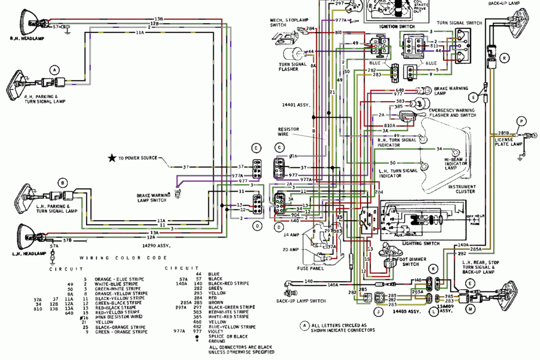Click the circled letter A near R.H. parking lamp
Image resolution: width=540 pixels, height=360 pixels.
[x=55, y=70]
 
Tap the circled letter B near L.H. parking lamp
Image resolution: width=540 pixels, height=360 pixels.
[x=62, y=182]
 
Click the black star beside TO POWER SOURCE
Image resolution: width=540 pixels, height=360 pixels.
[x=111, y=158]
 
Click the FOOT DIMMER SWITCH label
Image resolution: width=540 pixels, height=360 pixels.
[x=411, y=262]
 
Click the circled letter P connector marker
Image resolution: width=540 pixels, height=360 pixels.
[x=521, y=121]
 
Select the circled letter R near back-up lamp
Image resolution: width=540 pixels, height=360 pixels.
[x=504, y=57]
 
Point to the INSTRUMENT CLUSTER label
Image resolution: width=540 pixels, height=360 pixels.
[x=462, y=189]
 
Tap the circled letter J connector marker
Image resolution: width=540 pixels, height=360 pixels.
[x=378, y=311]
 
